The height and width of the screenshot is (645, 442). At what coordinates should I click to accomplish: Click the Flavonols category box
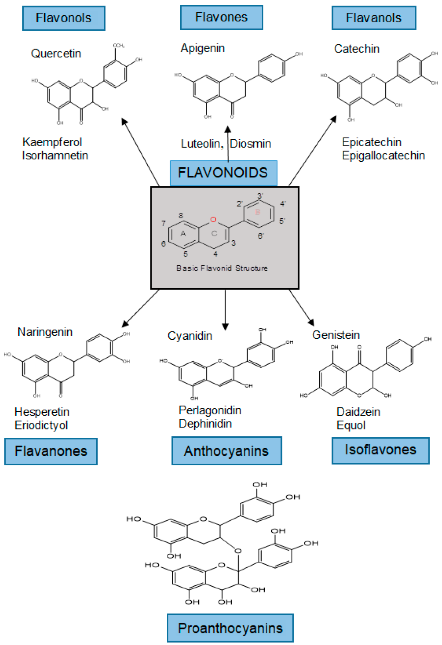63,18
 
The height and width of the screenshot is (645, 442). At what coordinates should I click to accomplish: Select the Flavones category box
221,18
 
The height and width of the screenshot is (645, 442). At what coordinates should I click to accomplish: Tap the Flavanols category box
374,18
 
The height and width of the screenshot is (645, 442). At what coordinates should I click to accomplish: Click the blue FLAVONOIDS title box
223,173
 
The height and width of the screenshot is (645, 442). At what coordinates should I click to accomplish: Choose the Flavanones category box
51,451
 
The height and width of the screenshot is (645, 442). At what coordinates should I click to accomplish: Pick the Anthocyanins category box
226,451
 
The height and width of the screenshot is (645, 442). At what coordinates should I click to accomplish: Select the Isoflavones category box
380,450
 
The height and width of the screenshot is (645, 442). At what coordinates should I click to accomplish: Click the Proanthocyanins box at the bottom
230,628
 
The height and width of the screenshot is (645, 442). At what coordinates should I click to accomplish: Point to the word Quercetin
56,53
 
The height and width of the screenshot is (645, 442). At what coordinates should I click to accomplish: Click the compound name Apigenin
203,48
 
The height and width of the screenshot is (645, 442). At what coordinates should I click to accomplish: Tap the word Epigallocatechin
383,155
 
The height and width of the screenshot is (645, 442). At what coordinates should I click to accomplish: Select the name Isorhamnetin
55,155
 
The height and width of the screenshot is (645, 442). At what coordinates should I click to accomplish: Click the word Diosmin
251,143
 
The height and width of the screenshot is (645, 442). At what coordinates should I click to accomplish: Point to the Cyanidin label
190,336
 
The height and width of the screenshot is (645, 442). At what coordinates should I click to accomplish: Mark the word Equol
351,425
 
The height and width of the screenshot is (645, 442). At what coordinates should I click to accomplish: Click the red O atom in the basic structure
213,220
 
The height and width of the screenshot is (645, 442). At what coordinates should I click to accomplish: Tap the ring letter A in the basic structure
183,234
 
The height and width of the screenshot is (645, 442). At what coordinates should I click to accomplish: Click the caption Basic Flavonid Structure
222,268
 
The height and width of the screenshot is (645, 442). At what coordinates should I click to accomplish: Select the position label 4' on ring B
283,204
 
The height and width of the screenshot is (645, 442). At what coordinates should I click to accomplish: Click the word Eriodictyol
41,425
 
